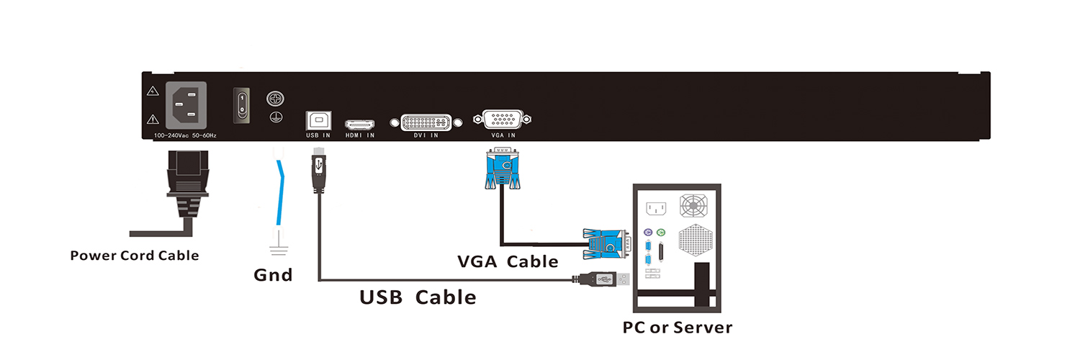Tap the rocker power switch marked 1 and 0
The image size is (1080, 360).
(243, 104)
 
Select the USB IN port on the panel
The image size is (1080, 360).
(318, 120)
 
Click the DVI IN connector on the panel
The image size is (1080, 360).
(426, 122)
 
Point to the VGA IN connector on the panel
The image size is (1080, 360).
(502, 120)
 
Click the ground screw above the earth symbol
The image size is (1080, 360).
(274, 98)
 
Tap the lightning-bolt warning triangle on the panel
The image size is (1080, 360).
(153, 92)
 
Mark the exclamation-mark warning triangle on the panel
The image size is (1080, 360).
(153, 120)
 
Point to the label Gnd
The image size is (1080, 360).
(273, 275)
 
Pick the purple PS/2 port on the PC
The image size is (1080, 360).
(647, 233)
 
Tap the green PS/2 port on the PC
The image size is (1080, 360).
(662, 233)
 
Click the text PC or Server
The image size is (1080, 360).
(677, 328)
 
